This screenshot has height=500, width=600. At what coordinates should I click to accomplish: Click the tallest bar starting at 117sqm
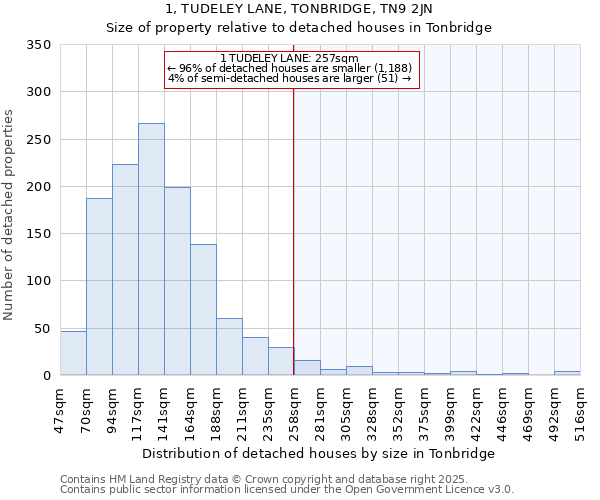[151, 249]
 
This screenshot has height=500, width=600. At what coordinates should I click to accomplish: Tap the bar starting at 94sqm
[125, 270]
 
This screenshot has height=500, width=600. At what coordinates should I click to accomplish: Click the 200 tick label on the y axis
[38, 187]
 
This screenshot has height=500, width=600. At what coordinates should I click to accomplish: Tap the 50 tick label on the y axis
[42, 329]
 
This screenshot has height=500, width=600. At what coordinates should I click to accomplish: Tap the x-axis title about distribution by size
[319, 454]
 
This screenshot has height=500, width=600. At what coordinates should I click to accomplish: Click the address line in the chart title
[299, 9]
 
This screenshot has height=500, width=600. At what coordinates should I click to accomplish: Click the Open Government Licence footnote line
[287, 490]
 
